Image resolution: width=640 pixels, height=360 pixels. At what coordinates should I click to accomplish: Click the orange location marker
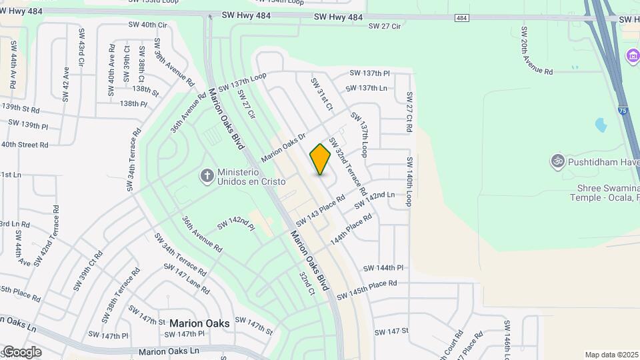pyautogui.click(x=320, y=159)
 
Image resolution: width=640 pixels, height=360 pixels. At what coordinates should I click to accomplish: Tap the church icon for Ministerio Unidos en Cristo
pyautogui.click(x=207, y=176)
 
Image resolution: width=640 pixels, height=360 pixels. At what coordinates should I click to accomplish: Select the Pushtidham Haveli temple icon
pyautogui.click(x=557, y=161)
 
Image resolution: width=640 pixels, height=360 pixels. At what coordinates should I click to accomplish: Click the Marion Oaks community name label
pyautogui.click(x=199, y=323)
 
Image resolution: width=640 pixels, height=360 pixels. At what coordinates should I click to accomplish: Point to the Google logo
pyautogui.click(x=21, y=352)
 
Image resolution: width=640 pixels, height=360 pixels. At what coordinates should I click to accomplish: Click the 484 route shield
pyautogui.click(x=462, y=17)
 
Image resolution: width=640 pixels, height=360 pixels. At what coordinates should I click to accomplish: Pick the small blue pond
pyautogui.click(x=599, y=125)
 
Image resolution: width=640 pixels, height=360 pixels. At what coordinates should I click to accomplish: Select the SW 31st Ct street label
pyautogui.click(x=321, y=93)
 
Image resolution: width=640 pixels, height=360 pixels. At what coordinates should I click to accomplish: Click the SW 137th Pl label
pyautogui.click(x=370, y=73)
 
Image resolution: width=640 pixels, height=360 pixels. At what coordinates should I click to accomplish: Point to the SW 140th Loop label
pyautogui.click(x=409, y=181)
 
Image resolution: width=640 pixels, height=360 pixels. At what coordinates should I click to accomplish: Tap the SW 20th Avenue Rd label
pyautogui.click(x=537, y=51)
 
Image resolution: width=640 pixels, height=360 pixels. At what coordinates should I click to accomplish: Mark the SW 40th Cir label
pyautogui.click(x=147, y=25)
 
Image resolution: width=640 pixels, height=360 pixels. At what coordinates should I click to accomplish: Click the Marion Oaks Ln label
pyautogui.click(x=169, y=351)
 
